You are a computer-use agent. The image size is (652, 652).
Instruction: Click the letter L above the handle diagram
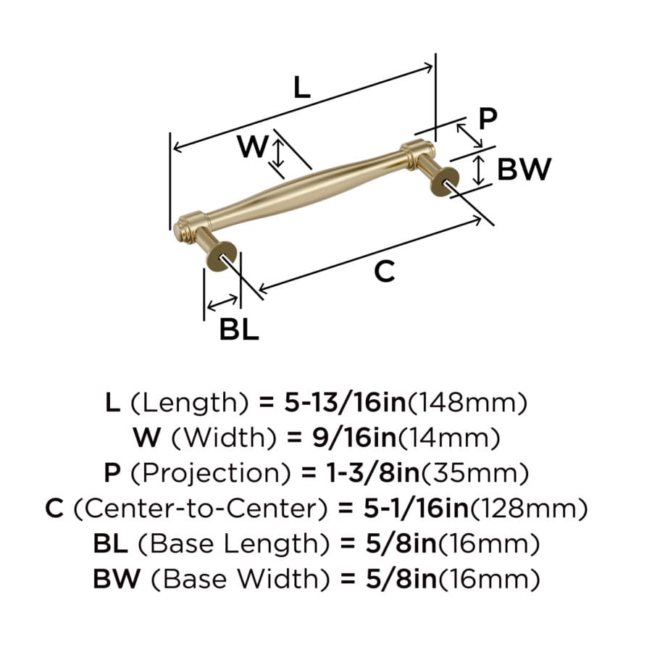302,88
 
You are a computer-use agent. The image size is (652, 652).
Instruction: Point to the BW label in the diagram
524,169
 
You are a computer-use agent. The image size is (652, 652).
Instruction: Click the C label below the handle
384,272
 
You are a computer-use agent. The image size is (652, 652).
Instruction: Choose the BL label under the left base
239,329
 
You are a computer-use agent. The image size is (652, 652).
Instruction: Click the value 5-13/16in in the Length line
345,403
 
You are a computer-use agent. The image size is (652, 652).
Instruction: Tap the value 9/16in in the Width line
354,438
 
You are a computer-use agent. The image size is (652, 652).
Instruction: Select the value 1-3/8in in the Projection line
373,473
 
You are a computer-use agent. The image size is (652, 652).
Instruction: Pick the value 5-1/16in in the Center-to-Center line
417,509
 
